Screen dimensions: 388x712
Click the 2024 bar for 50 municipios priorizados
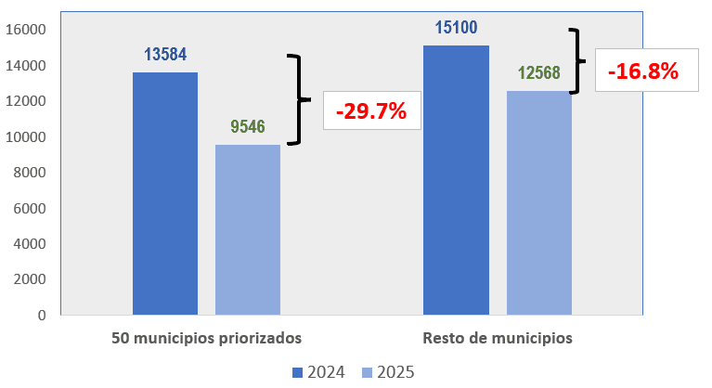(165, 193)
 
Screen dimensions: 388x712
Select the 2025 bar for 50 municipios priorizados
(248, 229)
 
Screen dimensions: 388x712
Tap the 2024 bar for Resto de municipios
(456, 180)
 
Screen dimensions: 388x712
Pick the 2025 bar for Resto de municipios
(539, 202)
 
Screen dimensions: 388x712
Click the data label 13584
(165, 55)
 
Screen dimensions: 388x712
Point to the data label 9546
(248, 128)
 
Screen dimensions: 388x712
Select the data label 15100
(456, 28)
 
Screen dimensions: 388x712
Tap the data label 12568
(539, 73)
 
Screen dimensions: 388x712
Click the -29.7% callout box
(371, 110)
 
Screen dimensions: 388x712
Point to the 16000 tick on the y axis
(26, 30)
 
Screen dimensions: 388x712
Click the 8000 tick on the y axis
(30, 173)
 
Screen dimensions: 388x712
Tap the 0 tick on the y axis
(41, 316)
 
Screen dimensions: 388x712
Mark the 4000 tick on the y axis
(30, 244)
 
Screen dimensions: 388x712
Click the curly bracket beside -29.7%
(297, 99)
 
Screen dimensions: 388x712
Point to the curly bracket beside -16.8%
(578, 60)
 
